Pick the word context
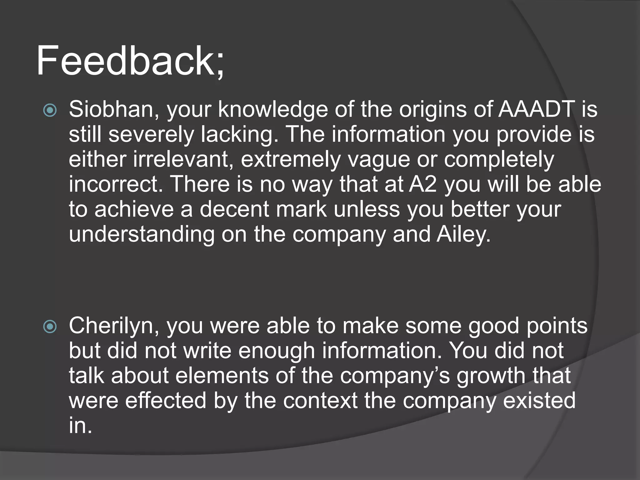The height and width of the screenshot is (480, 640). tap(320, 401)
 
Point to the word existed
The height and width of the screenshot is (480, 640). tap(539, 401)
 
